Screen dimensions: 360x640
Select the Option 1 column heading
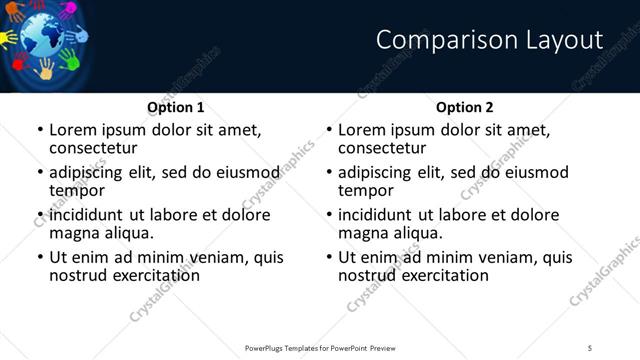click(176, 107)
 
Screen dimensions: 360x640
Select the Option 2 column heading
click(465, 107)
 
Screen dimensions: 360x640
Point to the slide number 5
click(589, 347)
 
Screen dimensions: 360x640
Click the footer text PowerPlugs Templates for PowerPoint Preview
click(320, 347)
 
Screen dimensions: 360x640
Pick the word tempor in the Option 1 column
click(77, 189)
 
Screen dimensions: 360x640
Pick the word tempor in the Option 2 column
click(366, 189)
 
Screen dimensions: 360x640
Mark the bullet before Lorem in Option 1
click(39, 130)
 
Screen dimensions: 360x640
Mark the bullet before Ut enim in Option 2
click(328, 257)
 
